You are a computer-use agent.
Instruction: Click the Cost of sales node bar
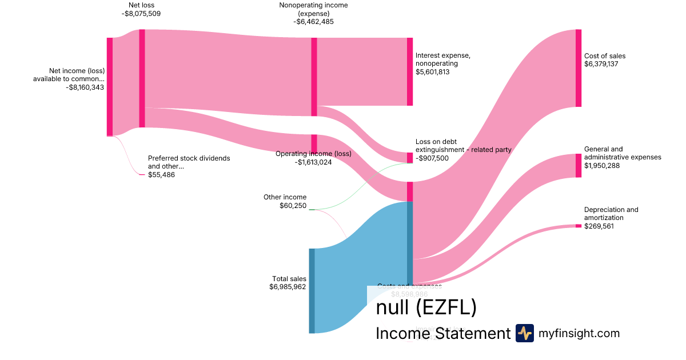pos(579,68)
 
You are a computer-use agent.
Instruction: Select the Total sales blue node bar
pos(312,290)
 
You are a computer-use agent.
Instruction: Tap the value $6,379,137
pos(602,64)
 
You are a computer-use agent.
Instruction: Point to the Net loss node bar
pos(142,78)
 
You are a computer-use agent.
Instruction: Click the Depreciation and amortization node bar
pos(579,226)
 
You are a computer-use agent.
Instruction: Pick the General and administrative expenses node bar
pos(579,165)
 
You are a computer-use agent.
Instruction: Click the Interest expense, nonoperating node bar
pos(409,71)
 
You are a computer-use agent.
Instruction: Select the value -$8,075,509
pos(141,14)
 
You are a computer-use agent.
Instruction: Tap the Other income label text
pos(285,197)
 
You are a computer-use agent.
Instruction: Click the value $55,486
pos(161,175)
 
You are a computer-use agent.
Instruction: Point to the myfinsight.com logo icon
pos(524,333)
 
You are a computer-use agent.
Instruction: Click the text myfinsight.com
pos(579,333)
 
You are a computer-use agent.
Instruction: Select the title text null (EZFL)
pos(426,307)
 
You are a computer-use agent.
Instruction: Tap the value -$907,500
pos(432,158)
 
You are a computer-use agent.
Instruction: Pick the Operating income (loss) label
pos(313,154)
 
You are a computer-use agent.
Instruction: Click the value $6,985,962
pos(288,287)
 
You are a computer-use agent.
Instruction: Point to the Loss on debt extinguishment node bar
pos(409,158)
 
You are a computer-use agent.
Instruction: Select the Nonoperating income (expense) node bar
pos(314,77)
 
